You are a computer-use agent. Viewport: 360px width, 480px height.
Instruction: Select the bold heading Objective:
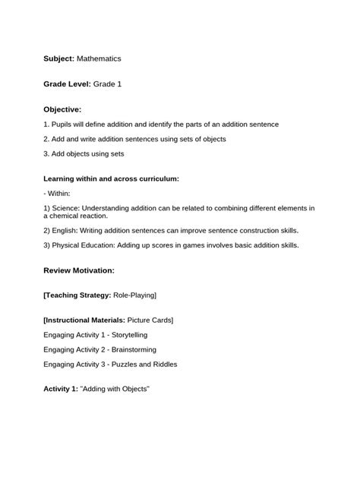click(62, 109)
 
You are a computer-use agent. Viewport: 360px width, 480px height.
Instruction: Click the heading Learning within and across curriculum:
click(111, 178)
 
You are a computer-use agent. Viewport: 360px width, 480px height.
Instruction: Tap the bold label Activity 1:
click(62, 390)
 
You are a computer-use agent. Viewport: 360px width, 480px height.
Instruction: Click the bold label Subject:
click(59, 58)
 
